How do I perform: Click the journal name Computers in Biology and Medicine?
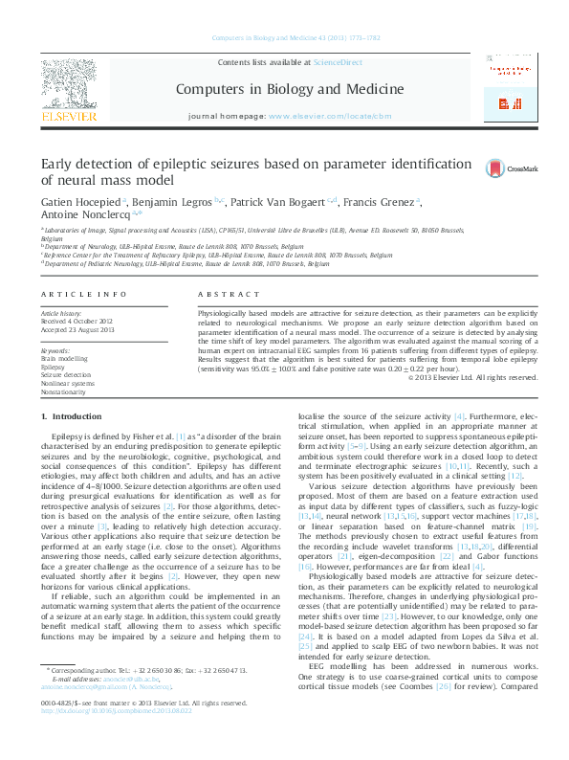click(x=288, y=89)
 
